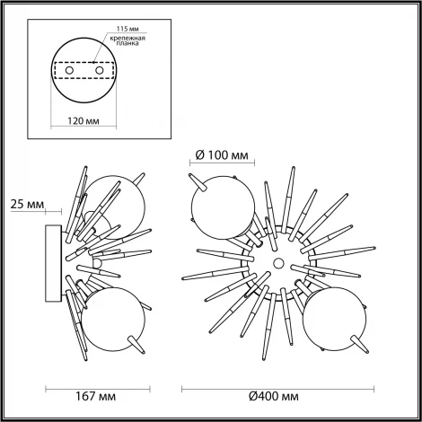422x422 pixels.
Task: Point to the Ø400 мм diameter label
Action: [x=272, y=395]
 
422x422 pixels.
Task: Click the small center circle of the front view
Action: [x=277, y=263]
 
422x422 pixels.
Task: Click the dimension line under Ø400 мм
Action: [x=272, y=386]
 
